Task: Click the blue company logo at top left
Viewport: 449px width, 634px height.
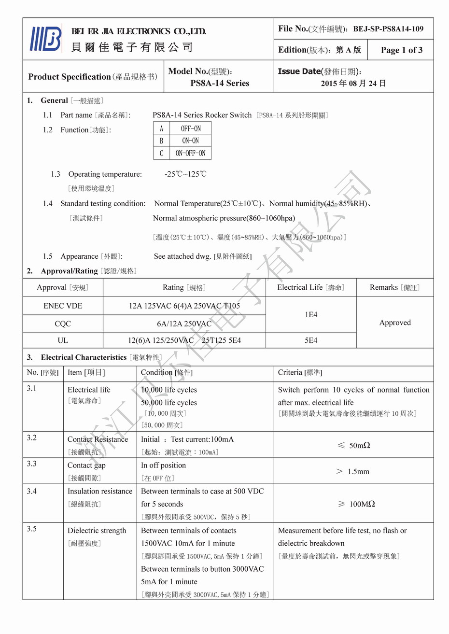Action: (46, 39)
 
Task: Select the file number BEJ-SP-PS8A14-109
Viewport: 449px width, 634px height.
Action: (388, 29)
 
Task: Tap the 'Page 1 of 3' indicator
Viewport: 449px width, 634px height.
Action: (401, 50)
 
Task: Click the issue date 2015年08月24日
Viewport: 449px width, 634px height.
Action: (353, 84)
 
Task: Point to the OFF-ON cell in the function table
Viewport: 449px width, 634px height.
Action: (191, 128)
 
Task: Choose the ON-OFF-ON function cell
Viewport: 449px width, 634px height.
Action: (190, 153)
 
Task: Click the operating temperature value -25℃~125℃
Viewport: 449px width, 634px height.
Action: (185, 174)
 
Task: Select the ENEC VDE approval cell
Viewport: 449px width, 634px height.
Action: (63, 306)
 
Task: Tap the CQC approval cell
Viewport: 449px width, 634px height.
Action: (63, 324)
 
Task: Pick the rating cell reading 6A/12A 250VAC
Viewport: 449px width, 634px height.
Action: (184, 324)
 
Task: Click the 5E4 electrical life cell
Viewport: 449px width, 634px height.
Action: (311, 340)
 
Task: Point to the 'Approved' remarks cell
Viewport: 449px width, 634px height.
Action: (395, 323)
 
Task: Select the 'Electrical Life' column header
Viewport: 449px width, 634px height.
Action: (311, 287)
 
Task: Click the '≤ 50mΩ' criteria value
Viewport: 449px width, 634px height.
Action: (353, 445)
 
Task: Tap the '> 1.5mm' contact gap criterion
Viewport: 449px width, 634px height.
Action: (353, 471)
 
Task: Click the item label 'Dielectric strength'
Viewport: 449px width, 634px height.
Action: (97, 531)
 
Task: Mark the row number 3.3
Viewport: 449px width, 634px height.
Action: (32, 464)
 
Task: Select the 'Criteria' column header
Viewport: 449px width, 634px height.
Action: (300, 372)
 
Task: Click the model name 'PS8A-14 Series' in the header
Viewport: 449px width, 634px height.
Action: (220, 83)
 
